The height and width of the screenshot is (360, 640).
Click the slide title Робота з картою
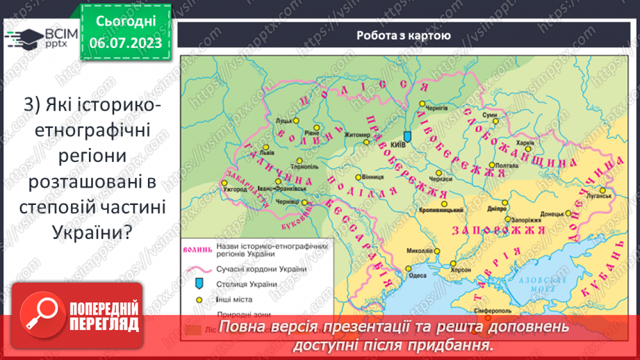click(x=404, y=35)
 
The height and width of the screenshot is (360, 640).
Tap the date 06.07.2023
click(x=126, y=43)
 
